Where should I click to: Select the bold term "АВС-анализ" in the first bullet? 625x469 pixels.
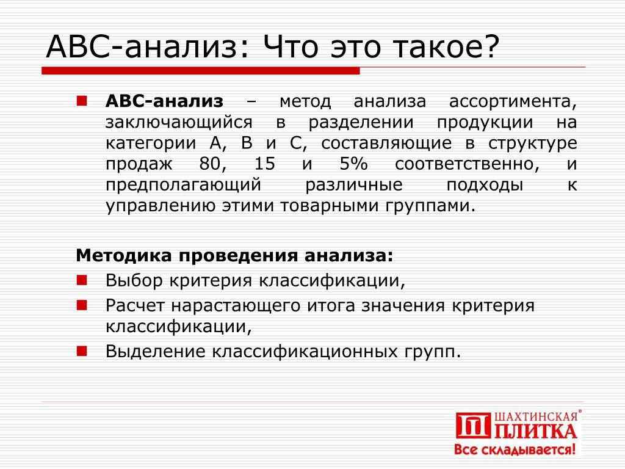coord(164,101)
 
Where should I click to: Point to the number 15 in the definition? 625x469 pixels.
coord(265,164)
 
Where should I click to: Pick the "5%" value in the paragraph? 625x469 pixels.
coord(353,164)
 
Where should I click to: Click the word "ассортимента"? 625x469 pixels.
coord(513,102)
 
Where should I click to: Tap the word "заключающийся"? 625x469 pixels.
coord(179,122)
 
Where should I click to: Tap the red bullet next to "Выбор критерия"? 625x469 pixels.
coord(82,280)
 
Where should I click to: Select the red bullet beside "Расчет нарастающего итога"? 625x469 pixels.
coord(82,305)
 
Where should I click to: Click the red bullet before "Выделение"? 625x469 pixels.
coord(82,351)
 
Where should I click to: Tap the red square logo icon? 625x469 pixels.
coord(473,426)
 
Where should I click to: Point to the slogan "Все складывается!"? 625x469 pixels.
coord(515,449)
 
